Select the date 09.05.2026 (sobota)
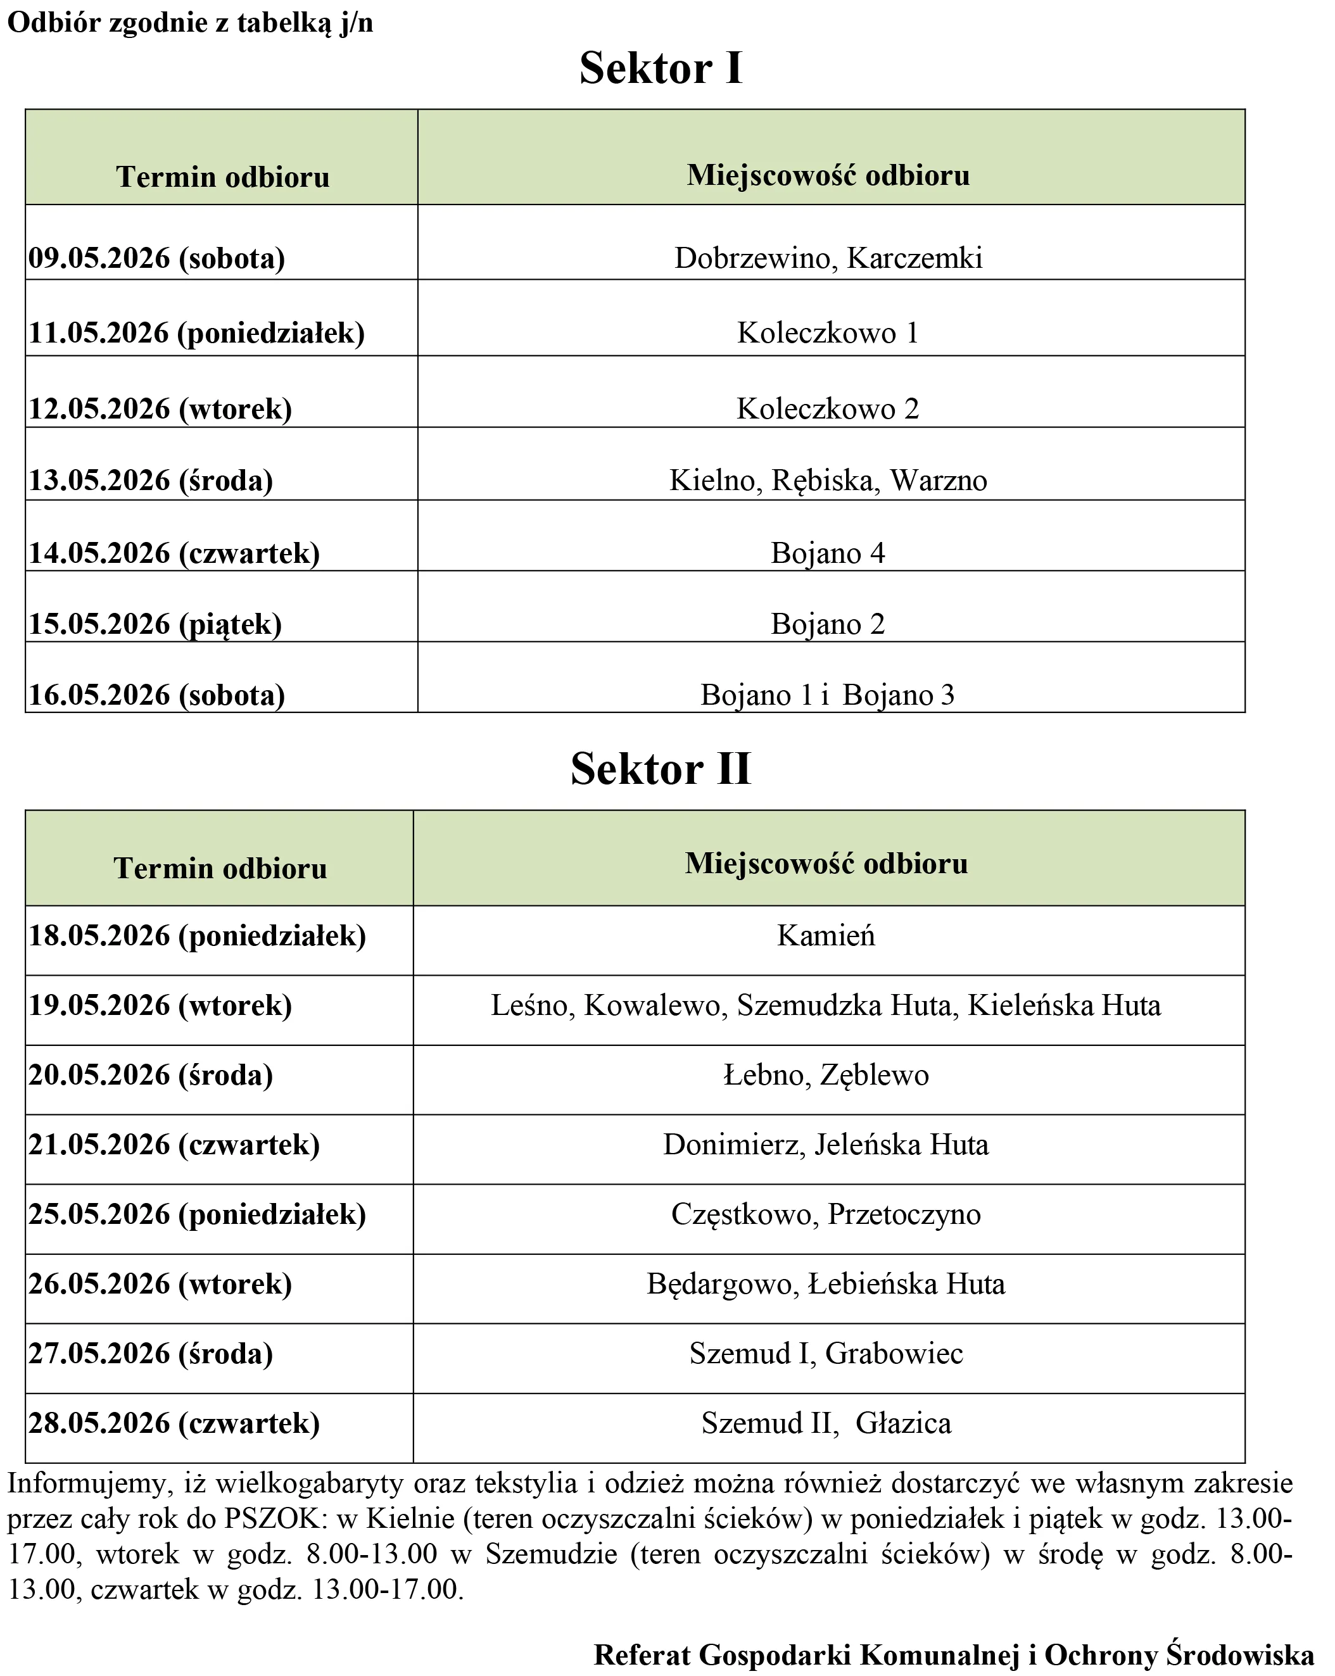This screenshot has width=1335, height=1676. click(157, 258)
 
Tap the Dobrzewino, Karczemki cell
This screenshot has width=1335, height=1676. click(828, 258)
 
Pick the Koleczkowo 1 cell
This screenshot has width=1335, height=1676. click(828, 332)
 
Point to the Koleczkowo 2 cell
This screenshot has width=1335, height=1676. click(828, 409)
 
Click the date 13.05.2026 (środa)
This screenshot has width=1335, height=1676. click(151, 481)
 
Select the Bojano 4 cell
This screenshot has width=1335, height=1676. click(828, 553)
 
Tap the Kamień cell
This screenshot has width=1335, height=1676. click(826, 935)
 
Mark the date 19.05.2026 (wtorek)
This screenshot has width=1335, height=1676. click(160, 1005)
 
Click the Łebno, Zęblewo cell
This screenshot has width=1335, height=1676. click(826, 1075)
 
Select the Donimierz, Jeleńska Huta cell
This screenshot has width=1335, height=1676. click(826, 1144)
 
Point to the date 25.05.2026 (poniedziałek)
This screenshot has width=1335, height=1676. click(198, 1214)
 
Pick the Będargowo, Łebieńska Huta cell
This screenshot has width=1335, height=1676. click(826, 1283)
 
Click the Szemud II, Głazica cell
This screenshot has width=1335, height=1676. click(826, 1423)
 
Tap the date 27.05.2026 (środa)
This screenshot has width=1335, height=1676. click(151, 1353)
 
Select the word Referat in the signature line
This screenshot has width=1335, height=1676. click(642, 1654)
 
